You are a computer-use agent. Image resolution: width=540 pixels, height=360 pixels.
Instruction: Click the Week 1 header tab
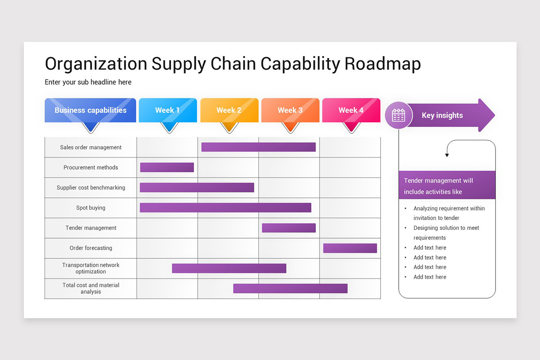167,110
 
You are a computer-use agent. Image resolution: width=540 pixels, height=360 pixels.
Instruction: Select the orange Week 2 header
229,110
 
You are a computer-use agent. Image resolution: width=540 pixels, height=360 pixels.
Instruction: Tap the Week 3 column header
290,110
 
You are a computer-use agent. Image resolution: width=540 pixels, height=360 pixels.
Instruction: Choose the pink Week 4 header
351,110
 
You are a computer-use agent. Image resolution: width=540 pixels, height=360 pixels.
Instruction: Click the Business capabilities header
90,110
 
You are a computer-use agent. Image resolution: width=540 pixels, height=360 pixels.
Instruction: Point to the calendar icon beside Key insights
398,116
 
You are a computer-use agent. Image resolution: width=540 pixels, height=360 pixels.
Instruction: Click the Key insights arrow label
442,116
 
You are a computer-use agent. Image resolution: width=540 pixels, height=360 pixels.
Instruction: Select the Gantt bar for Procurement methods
167,167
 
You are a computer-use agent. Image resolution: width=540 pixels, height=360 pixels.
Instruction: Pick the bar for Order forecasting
350,248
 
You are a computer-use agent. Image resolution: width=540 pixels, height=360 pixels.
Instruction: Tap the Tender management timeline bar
289,228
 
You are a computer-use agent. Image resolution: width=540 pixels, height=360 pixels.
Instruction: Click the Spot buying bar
225,207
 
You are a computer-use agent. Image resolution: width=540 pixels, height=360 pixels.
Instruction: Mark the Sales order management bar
258,147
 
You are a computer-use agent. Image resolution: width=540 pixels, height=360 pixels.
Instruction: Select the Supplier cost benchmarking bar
197,187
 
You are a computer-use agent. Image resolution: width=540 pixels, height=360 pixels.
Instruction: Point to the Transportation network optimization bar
229,268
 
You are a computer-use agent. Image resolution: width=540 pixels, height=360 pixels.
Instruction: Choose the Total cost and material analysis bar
290,288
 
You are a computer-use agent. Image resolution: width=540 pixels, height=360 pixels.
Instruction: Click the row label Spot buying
91,208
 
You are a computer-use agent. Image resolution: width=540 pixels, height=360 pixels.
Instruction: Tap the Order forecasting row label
91,248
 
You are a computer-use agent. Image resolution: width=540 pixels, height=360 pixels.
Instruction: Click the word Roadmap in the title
382,64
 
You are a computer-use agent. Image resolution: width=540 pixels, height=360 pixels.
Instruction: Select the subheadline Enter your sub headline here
88,82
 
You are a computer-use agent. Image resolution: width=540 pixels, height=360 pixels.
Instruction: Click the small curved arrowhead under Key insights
447,155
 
